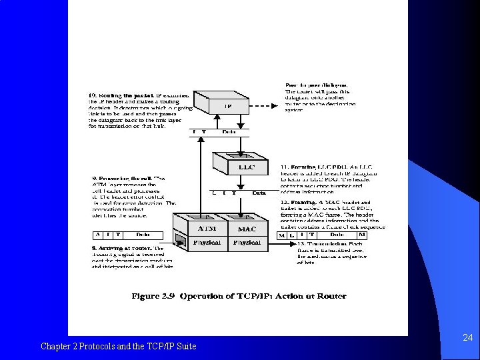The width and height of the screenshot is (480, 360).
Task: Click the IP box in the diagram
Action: point(227,106)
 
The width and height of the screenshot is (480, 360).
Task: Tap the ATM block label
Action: point(207,228)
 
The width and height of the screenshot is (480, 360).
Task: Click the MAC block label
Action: point(247,229)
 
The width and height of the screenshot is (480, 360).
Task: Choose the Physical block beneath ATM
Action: point(206,243)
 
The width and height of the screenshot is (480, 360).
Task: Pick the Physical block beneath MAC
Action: point(247,243)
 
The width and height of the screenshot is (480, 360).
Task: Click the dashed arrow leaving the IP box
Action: point(263,105)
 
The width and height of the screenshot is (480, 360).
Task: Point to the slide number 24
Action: point(467,338)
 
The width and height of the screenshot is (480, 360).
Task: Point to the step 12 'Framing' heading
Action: point(300,202)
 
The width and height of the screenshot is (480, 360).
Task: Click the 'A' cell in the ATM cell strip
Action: point(97,235)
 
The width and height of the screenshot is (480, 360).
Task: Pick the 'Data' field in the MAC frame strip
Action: point(337,235)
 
